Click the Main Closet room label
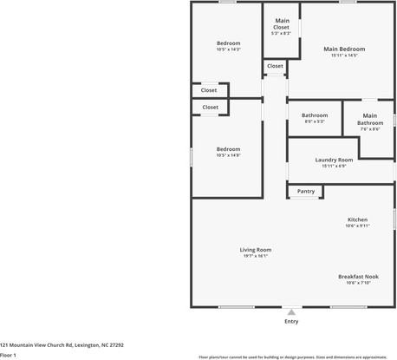click(x=282, y=23)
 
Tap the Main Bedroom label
click(x=344, y=49)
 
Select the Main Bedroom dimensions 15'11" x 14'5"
click(x=344, y=56)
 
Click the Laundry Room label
click(x=334, y=160)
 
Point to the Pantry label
click(x=305, y=191)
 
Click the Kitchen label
click(x=357, y=219)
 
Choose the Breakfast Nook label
click(x=357, y=276)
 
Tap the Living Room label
click(x=256, y=250)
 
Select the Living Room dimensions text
click(x=256, y=257)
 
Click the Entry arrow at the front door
click(x=291, y=311)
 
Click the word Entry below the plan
click(x=291, y=322)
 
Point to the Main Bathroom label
click(x=370, y=119)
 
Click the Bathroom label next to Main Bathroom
click(x=314, y=115)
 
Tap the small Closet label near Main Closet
click(x=275, y=66)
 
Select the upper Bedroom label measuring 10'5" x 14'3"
click(x=228, y=43)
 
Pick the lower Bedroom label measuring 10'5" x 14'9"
click(x=228, y=148)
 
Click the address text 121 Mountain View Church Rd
click(x=62, y=344)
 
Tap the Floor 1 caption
click(x=9, y=355)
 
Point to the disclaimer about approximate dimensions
click(x=292, y=356)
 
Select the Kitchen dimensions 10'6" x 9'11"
click(x=357, y=226)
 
